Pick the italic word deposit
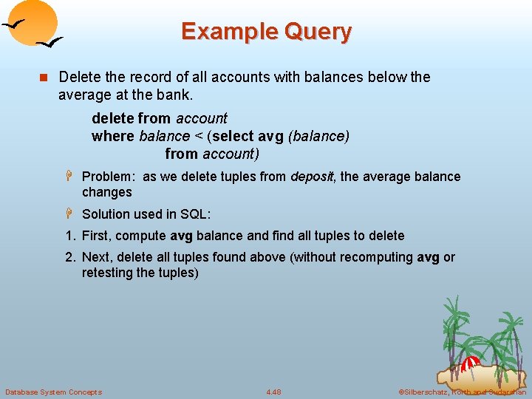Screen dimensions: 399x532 (x=311, y=177)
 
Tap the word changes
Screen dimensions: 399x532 (x=106, y=192)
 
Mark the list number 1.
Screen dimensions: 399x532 (x=69, y=236)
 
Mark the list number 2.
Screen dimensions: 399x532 (x=69, y=257)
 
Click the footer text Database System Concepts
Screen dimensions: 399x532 (x=54, y=392)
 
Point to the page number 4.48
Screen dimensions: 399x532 (x=273, y=392)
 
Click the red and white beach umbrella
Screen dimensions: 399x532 (x=470, y=364)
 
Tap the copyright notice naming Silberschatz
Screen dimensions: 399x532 (x=462, y=392)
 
